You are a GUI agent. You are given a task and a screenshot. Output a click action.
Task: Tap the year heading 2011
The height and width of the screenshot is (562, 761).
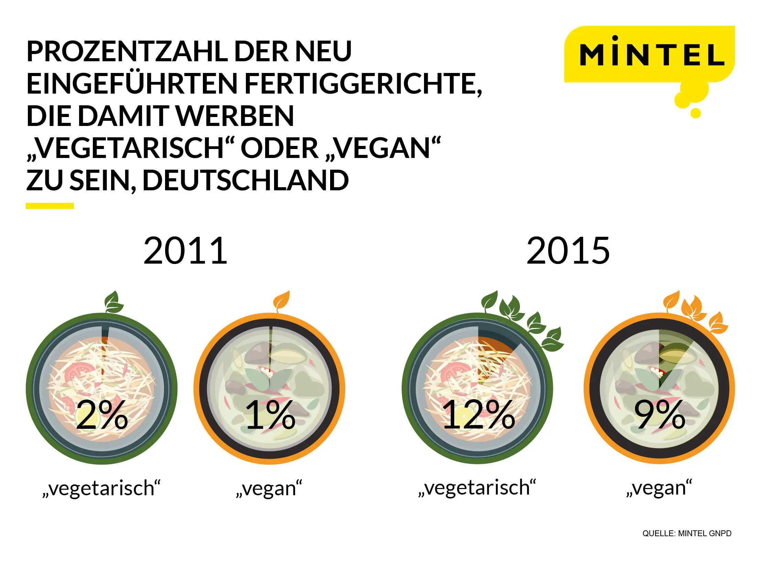coord(185,251)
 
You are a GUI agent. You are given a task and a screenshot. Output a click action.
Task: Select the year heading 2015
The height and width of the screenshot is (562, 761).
coord(568,251)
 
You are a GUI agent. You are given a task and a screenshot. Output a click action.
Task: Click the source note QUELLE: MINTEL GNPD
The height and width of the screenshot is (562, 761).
coord(687,533)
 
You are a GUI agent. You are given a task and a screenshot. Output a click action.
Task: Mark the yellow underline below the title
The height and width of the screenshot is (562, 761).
coord(50,206)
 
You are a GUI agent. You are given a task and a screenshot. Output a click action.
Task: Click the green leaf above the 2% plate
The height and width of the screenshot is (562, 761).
coord(113,302)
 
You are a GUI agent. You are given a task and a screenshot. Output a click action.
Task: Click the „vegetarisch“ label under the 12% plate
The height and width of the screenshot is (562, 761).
coord(477,488)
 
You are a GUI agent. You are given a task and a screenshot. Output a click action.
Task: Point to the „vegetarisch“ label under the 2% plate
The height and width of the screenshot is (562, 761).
coord(101,488)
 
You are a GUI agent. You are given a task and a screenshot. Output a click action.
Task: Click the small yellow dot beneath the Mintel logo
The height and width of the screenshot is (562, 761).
coord(695,113)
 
